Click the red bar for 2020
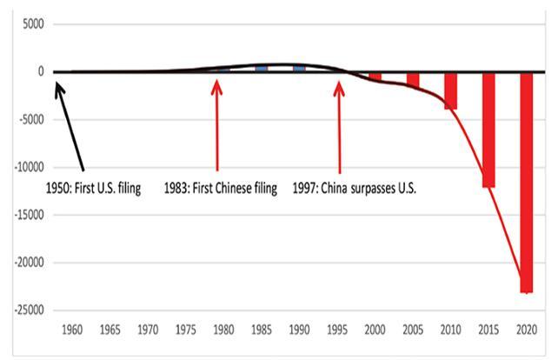click(x=527, y=183)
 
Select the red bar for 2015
click(x=488, y=130)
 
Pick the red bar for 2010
click(x=450, y=90)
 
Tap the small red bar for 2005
click(x=413, y=79)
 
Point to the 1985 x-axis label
click(x=262, y=330)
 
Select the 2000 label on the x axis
click(x=375, y=330)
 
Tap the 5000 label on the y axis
click(x=31, y=24)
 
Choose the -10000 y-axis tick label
click(x=26, y=167)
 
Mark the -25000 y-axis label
click(x=26, y=310)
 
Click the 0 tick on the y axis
click(x=40, y=72)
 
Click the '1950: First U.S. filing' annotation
click(x=97, y=187)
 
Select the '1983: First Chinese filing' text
click(x=220, y=187)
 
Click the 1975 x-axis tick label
click(x=186, y=330)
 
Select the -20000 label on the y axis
click(x=26, y=262)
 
